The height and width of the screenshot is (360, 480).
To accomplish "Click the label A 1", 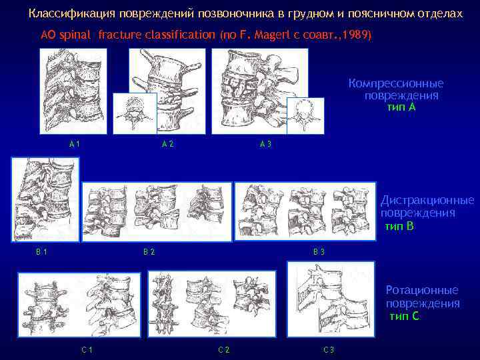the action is tap(75, 144).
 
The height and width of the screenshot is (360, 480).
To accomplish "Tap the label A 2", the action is tap(168, 144).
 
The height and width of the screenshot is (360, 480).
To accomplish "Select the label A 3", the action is tap(265, 144).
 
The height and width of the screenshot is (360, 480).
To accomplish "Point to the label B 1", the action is tap(41, 252).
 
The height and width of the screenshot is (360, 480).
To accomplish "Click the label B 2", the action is tap(149, 252).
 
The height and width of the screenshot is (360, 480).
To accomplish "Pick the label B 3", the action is tap(319, 252).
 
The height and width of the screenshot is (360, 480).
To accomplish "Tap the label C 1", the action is tap(87, 350).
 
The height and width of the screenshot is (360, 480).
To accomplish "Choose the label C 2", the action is tap(224, 350).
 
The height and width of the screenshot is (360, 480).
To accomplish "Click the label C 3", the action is tap(329, 350).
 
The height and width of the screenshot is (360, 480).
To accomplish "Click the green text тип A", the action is tap(401, 107).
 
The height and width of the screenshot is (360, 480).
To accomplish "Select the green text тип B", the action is tap(399, 226).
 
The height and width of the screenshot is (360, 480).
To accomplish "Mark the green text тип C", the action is tap(404, 315).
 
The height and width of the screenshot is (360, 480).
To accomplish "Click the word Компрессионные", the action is tap(396, 83).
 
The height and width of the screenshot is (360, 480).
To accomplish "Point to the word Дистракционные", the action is tap(427, 201).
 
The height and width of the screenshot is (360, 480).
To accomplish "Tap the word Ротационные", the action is tap(422, 290).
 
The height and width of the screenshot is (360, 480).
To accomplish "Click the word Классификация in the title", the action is tap(72, 14).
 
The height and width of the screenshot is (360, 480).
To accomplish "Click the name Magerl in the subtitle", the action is tap(273, 35).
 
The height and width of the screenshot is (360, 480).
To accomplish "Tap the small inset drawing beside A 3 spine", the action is tap(305, 116).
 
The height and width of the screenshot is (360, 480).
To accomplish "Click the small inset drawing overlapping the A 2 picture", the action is tap(135, 113).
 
